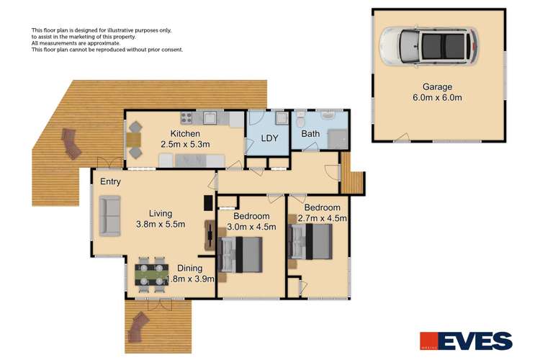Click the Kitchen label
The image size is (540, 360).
[x=185, y=134]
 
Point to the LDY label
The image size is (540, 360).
[x=269, y=137]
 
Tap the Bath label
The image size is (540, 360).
[x=311, y=134]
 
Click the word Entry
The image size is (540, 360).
[x=110, y=181]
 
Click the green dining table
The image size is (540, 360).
[x=152, y=272]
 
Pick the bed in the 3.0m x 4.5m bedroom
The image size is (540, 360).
[x=241, y=254]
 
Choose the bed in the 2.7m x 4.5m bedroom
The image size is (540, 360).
[x=311, y=241]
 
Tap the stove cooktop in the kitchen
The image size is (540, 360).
[x=188, y=117]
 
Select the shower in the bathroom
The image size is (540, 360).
[x=336, y=137]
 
